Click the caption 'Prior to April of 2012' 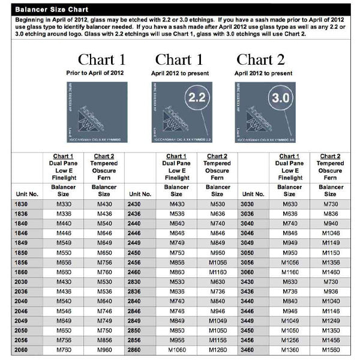click(101, 73)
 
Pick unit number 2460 click(134, 272)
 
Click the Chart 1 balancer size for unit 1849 click(64, 242)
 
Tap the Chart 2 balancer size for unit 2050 click(104, 329)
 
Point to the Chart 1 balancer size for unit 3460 click(290, 349)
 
